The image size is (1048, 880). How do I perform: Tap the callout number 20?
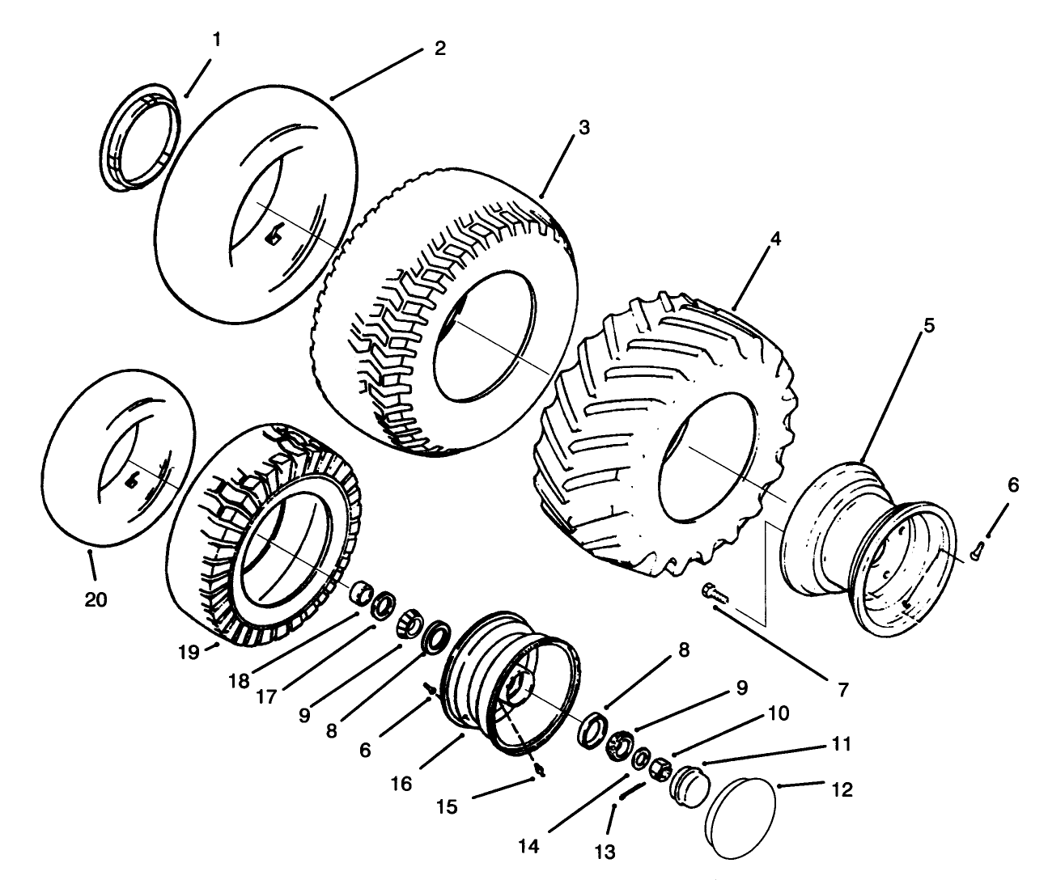96,599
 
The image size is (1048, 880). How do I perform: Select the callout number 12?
842,789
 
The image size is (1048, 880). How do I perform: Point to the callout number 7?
842,690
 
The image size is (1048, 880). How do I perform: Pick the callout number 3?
584,128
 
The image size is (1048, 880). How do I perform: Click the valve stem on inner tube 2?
274,235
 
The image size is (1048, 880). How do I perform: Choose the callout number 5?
928,326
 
